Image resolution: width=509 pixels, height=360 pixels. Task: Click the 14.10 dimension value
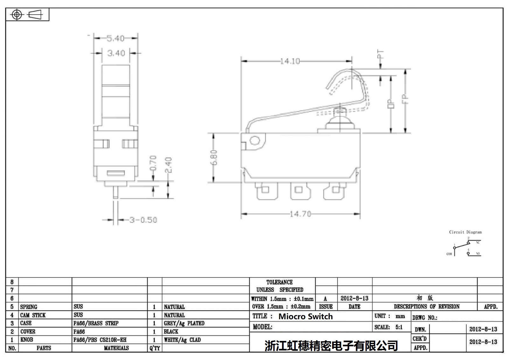coord(290,61)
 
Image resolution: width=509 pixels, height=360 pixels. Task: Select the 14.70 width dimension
coord(300,214)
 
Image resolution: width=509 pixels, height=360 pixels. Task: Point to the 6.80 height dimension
coord(214,158)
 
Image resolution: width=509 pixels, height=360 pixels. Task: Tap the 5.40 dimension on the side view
coord(115,39)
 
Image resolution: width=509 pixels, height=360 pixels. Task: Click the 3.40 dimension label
coord(116,53)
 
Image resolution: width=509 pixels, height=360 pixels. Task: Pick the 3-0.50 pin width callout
coord(143,220)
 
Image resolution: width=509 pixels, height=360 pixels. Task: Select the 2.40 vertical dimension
coord(169,165)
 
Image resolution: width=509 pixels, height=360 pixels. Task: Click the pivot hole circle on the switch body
coord(255,140)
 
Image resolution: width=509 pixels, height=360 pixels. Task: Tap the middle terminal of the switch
coord(298,190)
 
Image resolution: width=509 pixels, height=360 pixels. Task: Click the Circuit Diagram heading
coord(465,232)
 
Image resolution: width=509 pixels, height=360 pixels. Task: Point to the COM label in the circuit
coord(449,254)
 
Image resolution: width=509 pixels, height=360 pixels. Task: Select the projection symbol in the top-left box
coord(27,15)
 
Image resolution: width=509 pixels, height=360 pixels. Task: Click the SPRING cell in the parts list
coord(29,307)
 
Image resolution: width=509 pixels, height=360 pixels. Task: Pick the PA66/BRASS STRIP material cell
coord(96,323)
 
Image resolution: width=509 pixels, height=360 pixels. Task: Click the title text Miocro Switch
coord(305,316)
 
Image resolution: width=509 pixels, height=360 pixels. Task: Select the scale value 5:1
coord(399,327)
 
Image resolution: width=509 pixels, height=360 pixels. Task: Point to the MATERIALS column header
coord(116,348)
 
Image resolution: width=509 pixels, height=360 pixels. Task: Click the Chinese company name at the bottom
coord(331,346)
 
